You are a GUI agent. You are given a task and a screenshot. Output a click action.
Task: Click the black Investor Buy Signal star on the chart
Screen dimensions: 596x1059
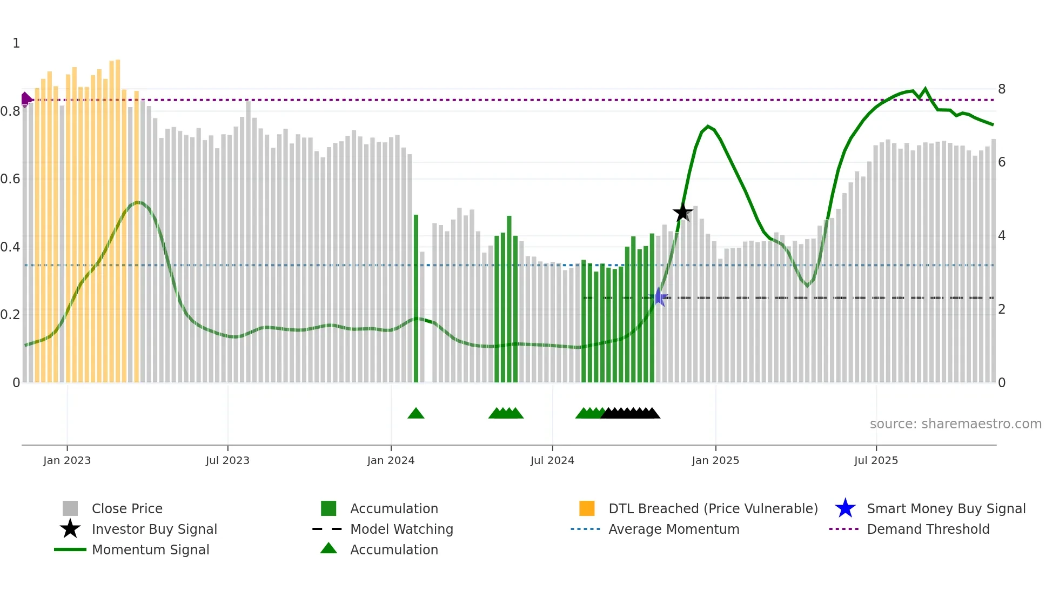[x=682, y=213]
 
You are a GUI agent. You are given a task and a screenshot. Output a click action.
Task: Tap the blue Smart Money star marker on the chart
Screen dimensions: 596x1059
[x=659, y=297]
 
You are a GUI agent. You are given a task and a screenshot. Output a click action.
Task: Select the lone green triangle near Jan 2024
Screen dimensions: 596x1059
[x=415, y=414]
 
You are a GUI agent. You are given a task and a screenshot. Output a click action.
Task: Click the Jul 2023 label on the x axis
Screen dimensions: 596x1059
[x=227, y=460]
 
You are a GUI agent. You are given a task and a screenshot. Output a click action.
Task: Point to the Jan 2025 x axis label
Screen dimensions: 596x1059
[x=715, y=460]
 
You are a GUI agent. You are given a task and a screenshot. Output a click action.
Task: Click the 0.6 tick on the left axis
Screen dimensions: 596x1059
[x=11, y=179]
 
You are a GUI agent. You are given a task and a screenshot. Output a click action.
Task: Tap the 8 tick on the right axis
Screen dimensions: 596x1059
[x=1001, y=89]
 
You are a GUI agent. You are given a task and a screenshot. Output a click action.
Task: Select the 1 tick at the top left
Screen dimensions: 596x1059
[x=16, y=43]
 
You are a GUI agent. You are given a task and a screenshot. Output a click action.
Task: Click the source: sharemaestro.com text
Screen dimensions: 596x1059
[x=955, y=424]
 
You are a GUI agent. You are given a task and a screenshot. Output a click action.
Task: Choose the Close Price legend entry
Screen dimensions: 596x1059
[x=127, y=508]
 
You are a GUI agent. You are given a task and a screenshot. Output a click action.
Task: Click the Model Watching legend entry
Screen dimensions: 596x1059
[x=401, y=529]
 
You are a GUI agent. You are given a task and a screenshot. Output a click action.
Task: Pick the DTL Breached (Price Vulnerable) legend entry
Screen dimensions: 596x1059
[x=713, y=508]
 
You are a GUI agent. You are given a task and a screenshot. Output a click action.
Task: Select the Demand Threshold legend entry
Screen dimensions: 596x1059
[x=928, y=529]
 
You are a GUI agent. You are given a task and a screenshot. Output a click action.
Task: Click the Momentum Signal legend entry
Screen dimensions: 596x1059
[x=150, y=549]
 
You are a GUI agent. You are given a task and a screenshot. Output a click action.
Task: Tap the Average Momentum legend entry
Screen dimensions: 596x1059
[x=673, y=529]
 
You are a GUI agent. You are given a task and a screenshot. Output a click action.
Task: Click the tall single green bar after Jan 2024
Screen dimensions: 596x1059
[x=416, y=297]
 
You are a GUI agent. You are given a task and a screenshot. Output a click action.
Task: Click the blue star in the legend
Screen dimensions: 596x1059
[x=845, y=508]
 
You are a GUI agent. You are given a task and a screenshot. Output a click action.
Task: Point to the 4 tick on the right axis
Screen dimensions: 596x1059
[x=1001, y=236]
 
